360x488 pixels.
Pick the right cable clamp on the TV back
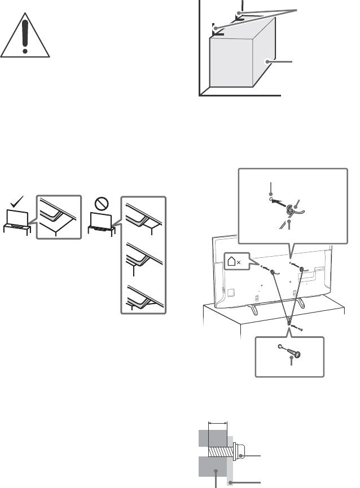pyautogui.click(x=302, y=270)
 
